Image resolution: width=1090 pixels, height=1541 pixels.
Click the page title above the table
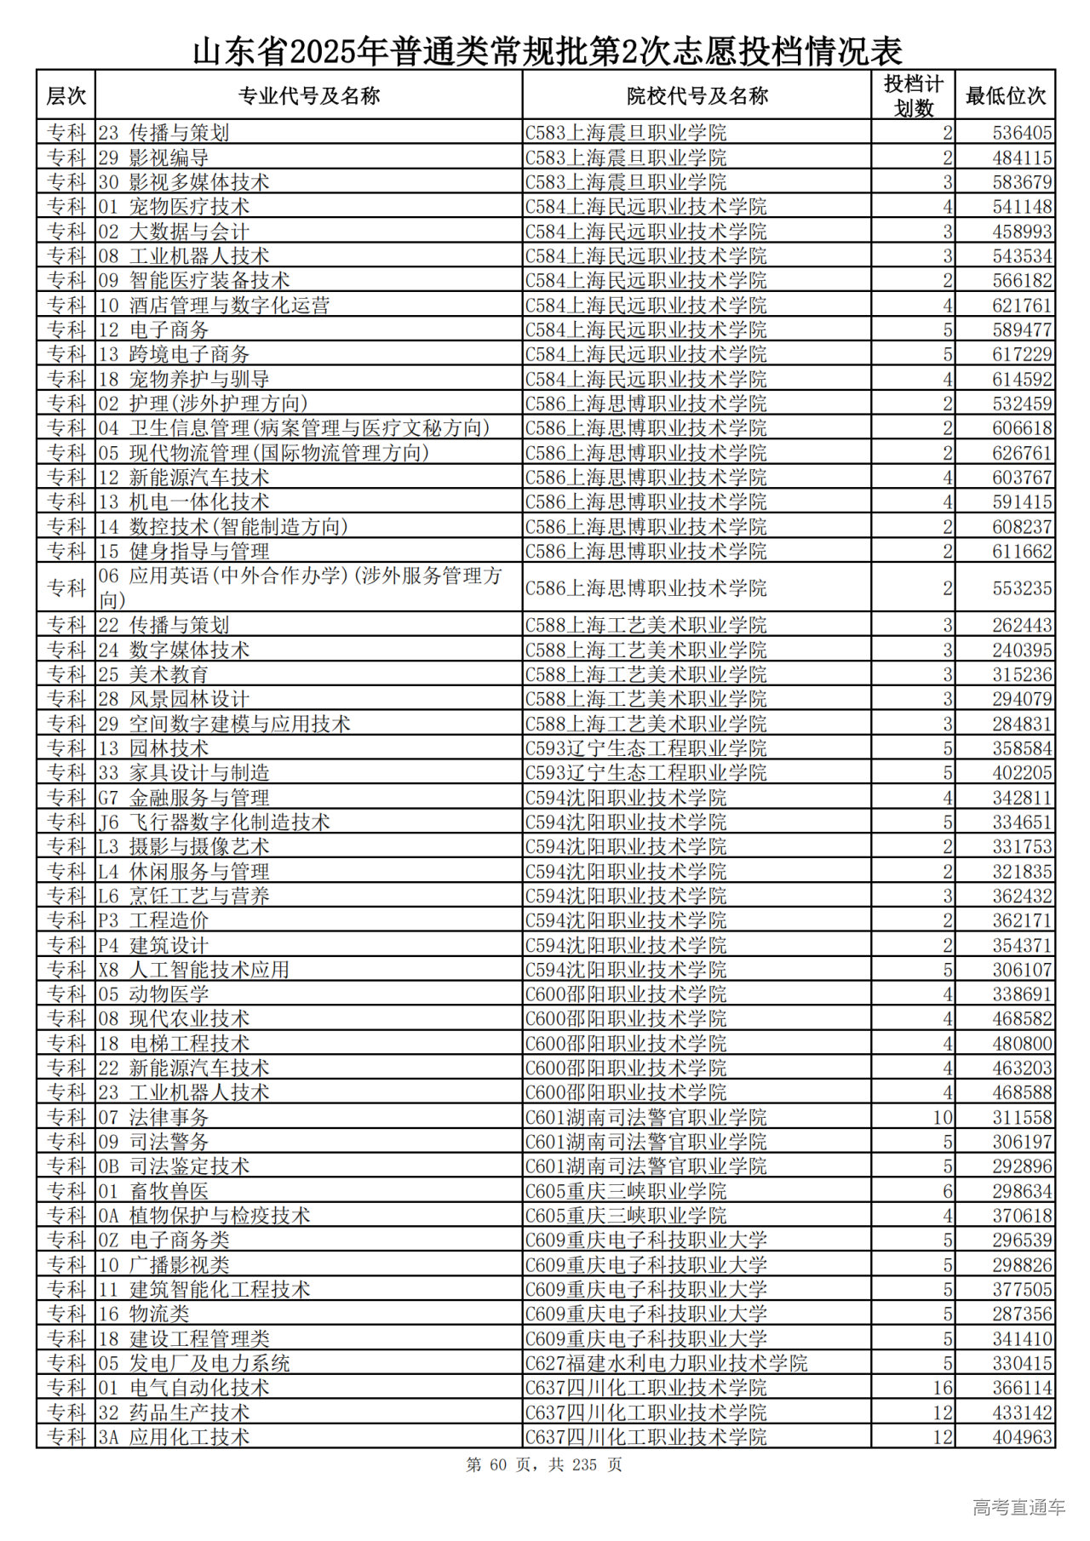click(x=547, y=51)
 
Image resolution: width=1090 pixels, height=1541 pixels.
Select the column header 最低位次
click(x=1005, y=95)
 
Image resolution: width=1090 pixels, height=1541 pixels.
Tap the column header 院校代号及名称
click(x=697, y=95)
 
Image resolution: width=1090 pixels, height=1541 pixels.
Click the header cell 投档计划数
click(x=913, y=95)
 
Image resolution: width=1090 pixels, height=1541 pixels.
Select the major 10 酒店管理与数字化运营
click(x=214, y=305)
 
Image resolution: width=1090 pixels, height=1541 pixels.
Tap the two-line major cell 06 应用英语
click(x=300, y=587)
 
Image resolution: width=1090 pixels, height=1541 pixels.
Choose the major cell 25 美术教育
click(x=153, y=674)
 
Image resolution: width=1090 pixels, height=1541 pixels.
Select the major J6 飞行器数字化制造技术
click(x=214, y=822)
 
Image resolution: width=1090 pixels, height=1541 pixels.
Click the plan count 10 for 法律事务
click(x=942, y=1117)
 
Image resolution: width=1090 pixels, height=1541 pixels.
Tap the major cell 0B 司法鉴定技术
click(x=174, y=1166)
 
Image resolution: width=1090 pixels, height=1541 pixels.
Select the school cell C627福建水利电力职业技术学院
click(x=666, y=1363)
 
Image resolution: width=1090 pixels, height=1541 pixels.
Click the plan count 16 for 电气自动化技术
click(x=942, y=1388)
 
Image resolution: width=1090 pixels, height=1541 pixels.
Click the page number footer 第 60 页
click(x=544, y=1464)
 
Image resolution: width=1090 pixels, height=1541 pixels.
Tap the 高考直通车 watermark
click(x=1018, y=1508)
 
